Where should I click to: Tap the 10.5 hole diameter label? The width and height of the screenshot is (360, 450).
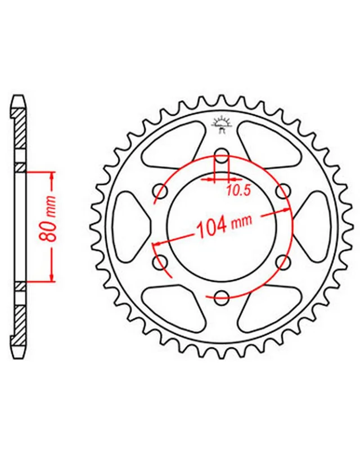pyautogui.click(x=239, y=190)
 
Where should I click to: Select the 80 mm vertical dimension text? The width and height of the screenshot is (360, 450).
pyautogui.click(x=46, y=218)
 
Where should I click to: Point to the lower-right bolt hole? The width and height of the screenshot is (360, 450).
pyautogui.click(x=283, y=262)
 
